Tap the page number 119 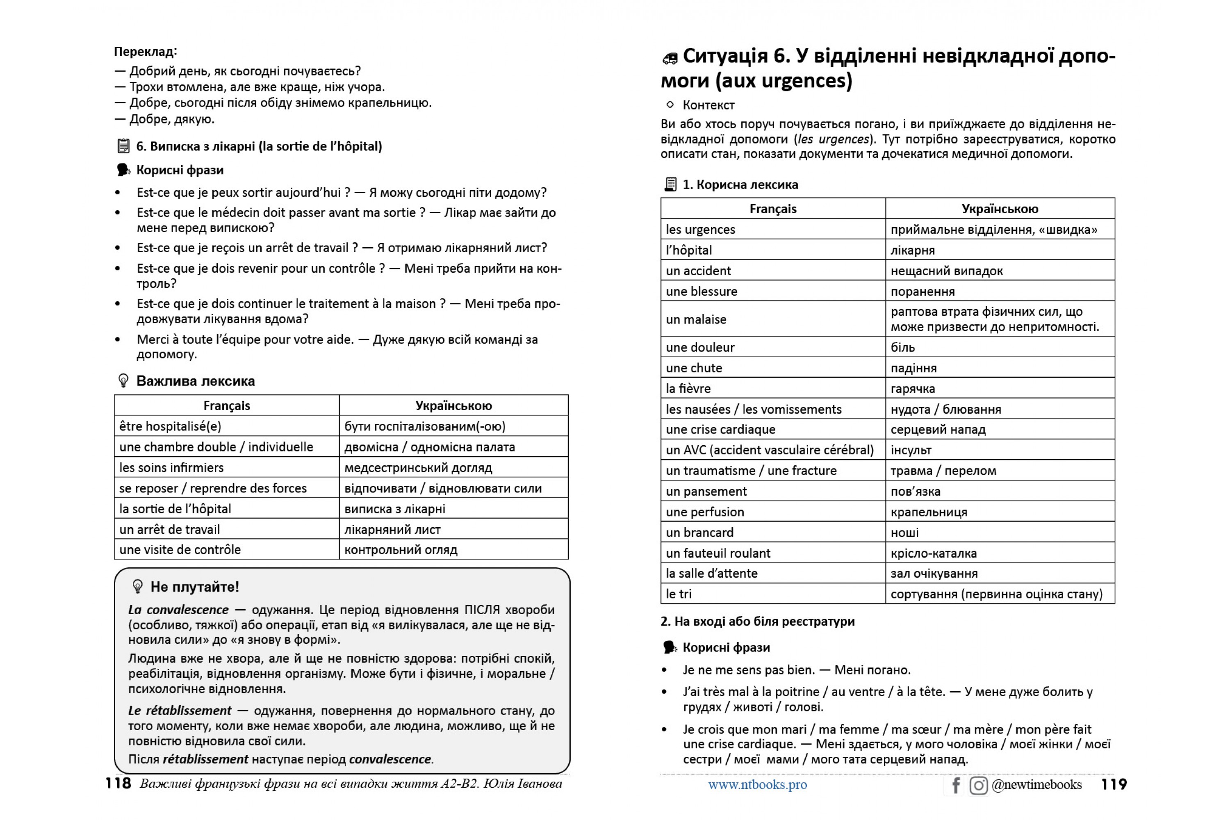click(1114, 784)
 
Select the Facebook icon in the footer click(955, 785)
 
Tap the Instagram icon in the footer click(978, 785)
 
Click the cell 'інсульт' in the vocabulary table click(911, 450)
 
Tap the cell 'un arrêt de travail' click(169, 529)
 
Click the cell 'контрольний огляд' click(401, 550)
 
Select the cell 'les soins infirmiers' click(171, 467)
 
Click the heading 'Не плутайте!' click(194, 587)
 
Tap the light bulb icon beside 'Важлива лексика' click(123, 381)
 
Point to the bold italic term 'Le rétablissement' click(180, 710)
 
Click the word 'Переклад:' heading click(146, 51)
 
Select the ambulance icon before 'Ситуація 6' click(670, 58)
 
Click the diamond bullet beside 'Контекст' click(670, 105)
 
